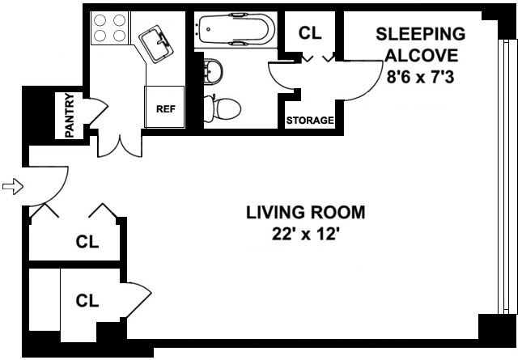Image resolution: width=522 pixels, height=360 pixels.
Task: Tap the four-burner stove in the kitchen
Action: point(109,28)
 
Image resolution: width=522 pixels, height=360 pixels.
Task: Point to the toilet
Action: point(225,107)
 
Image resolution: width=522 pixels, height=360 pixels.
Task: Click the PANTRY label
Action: point(70,116)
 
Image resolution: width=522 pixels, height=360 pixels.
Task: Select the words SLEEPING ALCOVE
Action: point(422,44)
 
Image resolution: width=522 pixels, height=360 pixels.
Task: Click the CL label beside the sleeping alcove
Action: point(310,33)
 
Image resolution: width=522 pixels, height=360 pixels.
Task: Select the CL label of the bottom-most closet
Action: point(87,301)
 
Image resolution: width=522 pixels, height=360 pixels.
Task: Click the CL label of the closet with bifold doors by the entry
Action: point(87,242)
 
